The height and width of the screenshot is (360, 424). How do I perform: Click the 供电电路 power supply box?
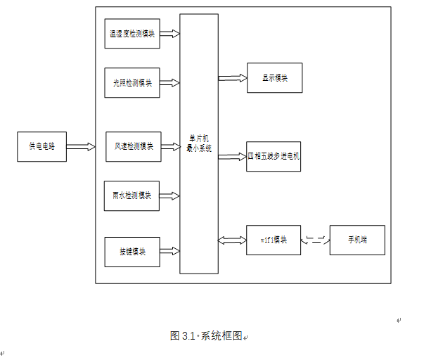(x=41, y=147)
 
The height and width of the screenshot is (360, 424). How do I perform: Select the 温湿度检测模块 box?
(x=132, y=34)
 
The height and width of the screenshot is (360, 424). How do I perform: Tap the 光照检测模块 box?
(x=132, y=82)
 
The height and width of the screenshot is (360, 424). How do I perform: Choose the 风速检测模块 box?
(x=133, y=146)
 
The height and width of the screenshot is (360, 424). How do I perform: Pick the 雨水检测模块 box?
(x=131, y=195)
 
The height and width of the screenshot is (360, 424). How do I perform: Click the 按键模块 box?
(x=132, y=251)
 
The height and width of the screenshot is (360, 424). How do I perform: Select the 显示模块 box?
(x=274, y=77)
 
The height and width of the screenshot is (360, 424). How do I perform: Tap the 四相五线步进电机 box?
(x=274, y=156)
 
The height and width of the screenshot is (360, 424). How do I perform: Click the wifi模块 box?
(x=274, y=240)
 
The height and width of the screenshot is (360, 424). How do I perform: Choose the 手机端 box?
(x=357, y=240)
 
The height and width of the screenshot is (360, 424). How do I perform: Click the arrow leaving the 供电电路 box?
(x=81, y=147)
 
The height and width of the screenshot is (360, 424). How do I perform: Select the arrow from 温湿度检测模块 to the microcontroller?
(x=170, y=34)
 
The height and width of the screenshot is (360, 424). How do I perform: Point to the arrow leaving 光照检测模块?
(x=170, y=82)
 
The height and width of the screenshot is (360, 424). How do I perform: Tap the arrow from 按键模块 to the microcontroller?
(x=170, y=251)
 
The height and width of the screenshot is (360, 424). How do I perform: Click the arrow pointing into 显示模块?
(x=232, y=77)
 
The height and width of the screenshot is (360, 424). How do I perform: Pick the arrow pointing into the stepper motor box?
(x=232, y=156)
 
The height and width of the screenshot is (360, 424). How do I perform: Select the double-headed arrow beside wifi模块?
(x=232, y=240)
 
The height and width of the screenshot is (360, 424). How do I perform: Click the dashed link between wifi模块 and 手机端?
(x=315, y=240)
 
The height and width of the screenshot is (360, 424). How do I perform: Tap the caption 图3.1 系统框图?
(x=206, y=335)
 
